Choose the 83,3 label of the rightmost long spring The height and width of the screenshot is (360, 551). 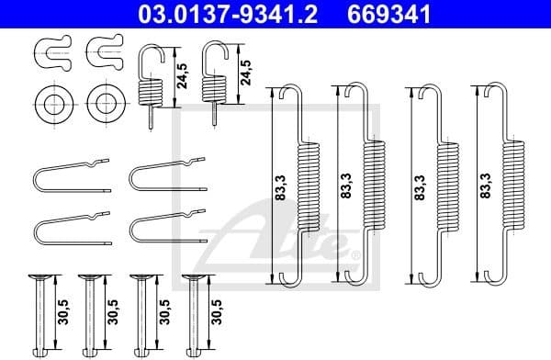pyautogui.click(x=483, y=187)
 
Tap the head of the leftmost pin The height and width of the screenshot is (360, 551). pyautogui.click(x=41, y=278)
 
